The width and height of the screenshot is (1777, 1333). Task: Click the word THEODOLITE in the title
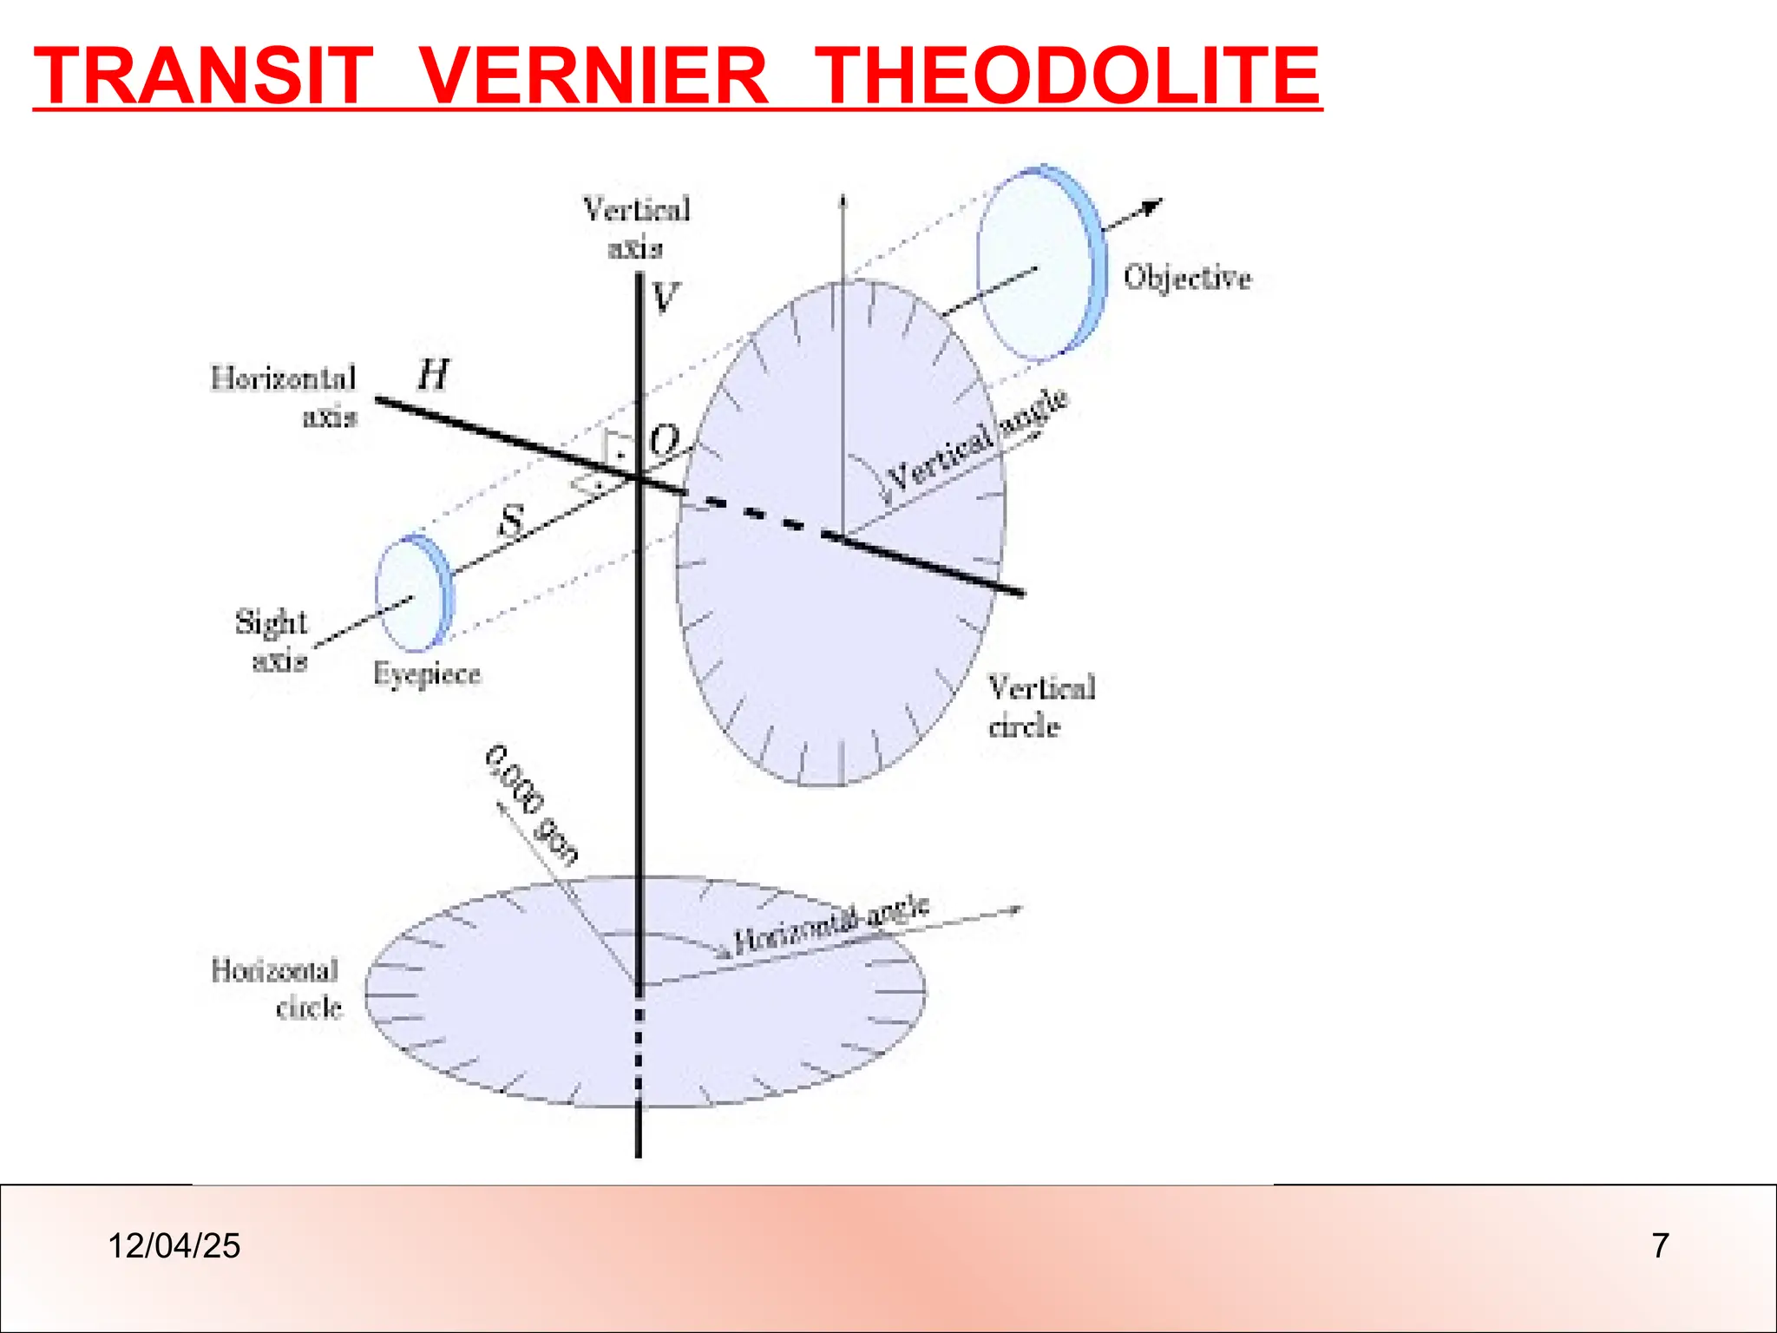pos(1069,76)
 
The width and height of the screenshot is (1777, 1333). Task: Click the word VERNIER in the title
pos(595,76)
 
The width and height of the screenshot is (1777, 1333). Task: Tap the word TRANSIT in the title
pos(204,76)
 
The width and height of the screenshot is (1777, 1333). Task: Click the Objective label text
pos(1187,278)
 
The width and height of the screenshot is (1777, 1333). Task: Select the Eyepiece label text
pos(427,674)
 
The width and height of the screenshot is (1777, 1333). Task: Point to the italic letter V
pos(665,299)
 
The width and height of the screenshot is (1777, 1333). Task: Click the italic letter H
pos(433,376)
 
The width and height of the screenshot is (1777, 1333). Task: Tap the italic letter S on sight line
pos(513,521)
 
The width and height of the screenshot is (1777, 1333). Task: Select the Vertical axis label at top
pos(636,228)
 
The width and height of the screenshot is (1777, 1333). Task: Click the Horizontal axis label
pos(285,397)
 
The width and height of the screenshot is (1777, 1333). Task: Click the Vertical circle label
pos(1041,706)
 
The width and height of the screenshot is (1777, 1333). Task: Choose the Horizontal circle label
pos(276,988)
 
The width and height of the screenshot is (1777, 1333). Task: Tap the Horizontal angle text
pos(831,926)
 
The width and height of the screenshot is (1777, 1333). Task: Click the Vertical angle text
pos(977,442)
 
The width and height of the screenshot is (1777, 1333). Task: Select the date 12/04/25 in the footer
pos(174,1246)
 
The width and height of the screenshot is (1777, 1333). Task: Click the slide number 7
pos(1660,1246)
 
